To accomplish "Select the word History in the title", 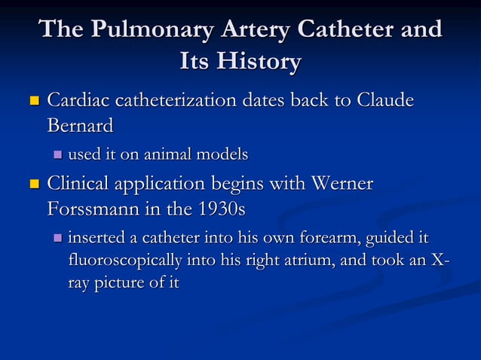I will tap(259, 62).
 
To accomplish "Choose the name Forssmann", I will tap(94, 208).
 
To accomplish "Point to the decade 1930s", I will tap(219, 208).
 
